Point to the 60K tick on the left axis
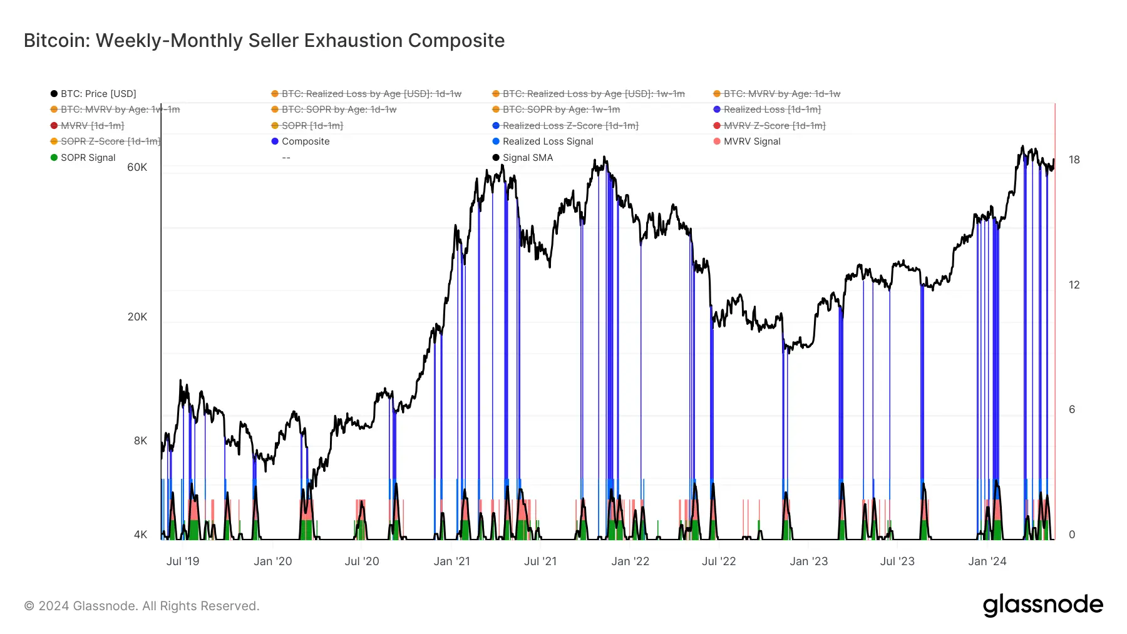click(x=137, y=167)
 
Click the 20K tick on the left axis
click(x=137, y=317)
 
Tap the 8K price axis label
click(x=140, y=441)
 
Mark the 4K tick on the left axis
click(x=140, y=534)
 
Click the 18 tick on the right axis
click(x=1074, y=160)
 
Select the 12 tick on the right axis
click(x=1074, y=285)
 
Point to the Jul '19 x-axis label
click(x=183, y=561)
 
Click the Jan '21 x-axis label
click(x=451, y=561)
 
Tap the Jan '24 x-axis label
click(x=987, y=561)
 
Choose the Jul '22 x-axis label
click(x=719, y=561)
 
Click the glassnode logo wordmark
click(x=1042, y=605)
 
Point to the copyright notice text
click(x=142, y=606)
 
